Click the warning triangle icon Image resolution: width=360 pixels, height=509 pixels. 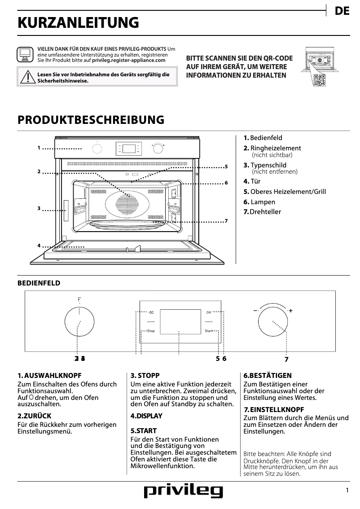28,77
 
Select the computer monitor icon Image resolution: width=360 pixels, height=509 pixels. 25,54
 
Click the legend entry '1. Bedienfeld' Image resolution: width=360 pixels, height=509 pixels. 263,138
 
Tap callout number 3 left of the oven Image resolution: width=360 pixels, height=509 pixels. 39,208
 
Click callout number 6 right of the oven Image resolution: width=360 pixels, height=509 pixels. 226,183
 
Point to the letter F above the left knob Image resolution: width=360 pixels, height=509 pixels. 79,299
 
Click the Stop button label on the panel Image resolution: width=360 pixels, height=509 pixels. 151,331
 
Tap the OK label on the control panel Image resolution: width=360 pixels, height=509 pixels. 208,312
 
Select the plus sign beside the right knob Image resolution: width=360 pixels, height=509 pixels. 290,310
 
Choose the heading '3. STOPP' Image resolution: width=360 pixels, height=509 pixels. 145,375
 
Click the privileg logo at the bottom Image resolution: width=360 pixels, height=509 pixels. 183,492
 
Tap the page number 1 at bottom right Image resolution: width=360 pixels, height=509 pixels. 347,491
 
